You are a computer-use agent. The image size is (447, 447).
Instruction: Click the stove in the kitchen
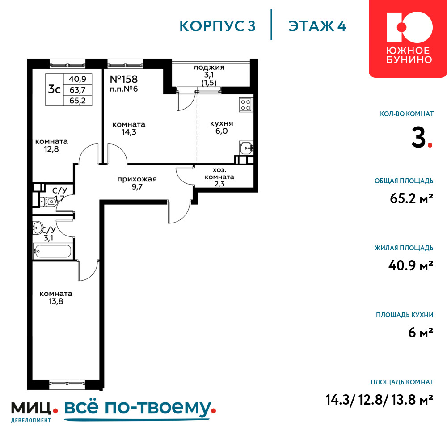(245, 105)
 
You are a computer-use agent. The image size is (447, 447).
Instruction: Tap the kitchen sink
(246, 148)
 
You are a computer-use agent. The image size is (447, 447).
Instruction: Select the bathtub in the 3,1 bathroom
(52, 251)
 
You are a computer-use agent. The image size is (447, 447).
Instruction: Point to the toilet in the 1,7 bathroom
(49, 202)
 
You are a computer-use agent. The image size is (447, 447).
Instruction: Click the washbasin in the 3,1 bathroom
(38, 228)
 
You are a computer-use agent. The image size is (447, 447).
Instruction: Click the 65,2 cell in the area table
(77, 100)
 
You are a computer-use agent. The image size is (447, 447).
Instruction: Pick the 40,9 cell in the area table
(77, 79)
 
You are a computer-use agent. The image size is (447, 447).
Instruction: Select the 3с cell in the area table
(55, 90)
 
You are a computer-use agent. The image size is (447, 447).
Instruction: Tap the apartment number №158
(124, 79)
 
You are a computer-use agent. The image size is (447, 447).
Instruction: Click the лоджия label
(209, 67)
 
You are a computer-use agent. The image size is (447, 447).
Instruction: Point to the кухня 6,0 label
(222, 127)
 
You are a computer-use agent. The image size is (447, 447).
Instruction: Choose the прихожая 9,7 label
(137, 183)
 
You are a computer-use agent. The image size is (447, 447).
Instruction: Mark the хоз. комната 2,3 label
(219, 177)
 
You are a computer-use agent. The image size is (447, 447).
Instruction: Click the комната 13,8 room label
(56, 297)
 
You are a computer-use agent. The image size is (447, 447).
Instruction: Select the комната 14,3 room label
(129, 128)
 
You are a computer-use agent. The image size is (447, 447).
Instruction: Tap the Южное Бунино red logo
(408, 39)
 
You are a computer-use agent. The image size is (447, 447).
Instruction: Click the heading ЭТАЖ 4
(317, 26)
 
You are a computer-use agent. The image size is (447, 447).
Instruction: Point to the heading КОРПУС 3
(217, 26)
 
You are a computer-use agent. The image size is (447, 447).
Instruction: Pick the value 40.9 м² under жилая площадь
(411, 266)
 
